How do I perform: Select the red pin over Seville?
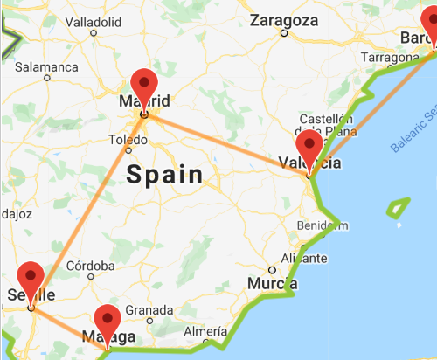pyautogui.click(x=31, y=278)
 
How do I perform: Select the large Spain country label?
pyautogui.click(x=164, y=174)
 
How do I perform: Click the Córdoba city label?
pyautogui.click(x=91, y=266)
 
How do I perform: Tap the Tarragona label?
pyautogui.click(x=385, y=57)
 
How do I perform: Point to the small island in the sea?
pyautogui.click(x=399, y=208)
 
